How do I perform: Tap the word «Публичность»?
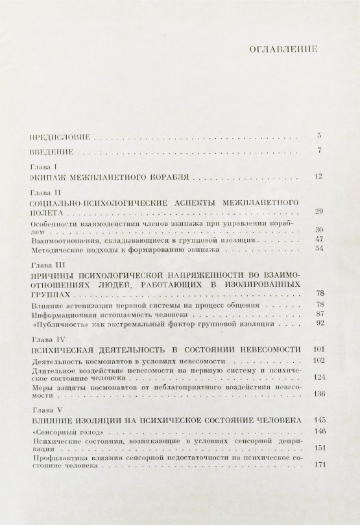[58, 323]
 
